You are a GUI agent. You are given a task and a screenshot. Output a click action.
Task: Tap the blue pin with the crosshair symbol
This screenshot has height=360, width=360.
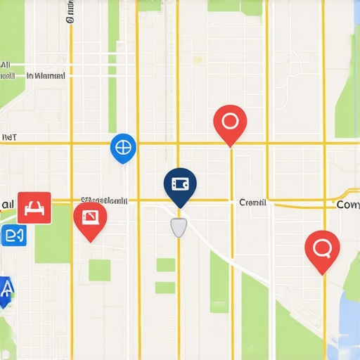123,148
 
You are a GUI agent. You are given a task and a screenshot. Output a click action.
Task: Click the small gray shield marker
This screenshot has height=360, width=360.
179,226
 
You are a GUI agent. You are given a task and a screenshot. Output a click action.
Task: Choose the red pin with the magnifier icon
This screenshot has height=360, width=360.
322,249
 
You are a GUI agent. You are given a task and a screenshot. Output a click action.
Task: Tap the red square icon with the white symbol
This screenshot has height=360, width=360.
34,207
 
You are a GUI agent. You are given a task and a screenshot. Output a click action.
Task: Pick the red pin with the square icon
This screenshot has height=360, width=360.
90,219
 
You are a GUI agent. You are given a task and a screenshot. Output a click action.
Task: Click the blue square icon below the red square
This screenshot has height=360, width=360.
14,236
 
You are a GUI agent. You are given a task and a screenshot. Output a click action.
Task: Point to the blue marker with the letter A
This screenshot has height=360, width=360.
6,289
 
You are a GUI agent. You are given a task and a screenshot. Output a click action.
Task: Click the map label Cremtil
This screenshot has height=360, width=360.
252,202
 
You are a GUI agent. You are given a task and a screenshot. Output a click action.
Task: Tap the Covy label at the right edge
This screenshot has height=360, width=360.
348,205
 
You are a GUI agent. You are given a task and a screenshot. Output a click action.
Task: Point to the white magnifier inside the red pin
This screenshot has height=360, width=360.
322,247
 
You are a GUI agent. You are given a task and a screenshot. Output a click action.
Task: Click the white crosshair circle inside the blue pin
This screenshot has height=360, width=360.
123,147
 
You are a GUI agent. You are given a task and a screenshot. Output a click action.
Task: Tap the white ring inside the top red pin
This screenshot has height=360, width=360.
230,120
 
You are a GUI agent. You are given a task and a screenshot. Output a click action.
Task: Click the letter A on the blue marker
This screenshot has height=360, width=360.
6,287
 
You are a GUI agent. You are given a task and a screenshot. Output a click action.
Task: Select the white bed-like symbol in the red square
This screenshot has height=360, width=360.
34,207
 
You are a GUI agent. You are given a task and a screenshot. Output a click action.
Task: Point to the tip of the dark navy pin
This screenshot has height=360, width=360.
180,207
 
